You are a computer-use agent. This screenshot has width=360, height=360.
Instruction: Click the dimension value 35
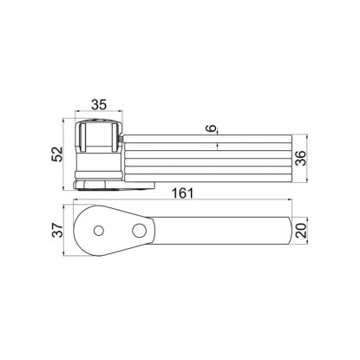[x=99, y=104]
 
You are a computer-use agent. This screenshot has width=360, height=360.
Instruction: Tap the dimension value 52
[x=57, y=154]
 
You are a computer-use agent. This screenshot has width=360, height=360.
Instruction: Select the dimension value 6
[x=213, y=128]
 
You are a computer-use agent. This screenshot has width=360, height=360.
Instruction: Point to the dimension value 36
[x=301, y=158]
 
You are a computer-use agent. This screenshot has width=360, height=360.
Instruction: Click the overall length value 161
[x=182, y=193]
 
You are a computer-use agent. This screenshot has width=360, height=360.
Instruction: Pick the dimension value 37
[x=57, y=230]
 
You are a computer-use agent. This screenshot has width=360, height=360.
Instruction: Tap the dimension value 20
[x=301, y=231]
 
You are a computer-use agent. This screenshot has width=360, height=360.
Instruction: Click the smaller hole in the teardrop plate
[x=99, y=231]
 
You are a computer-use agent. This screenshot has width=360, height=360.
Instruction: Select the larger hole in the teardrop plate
[x=139, y=231]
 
